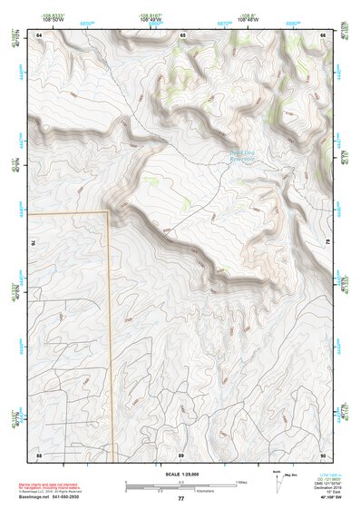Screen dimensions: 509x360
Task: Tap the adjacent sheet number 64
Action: (x=39, y=34)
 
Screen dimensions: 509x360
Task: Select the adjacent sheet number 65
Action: (x=181, y=34)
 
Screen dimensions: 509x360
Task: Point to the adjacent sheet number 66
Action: (x=324, y=34)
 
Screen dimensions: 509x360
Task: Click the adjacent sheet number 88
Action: (x=39, y=454)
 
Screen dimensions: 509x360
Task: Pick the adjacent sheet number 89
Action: (x=181, y=454)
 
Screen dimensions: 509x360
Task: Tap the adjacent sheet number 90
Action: (x=324, y=454)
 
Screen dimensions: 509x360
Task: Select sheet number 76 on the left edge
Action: (x=34, y=243)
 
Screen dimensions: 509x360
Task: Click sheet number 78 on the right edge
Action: (x=328, y=243)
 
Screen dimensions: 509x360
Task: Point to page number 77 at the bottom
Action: (x=180, y=499)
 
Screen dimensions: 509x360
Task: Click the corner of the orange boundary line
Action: (x=110, y=212)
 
